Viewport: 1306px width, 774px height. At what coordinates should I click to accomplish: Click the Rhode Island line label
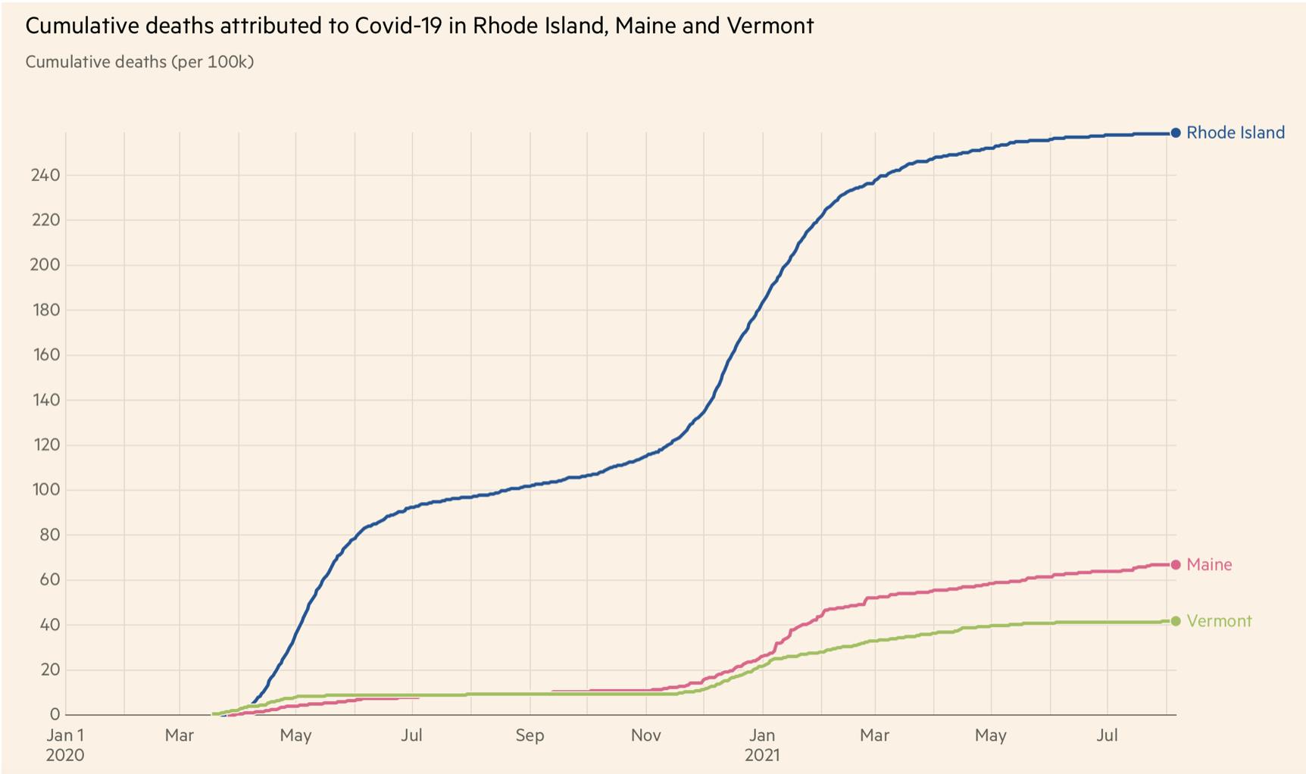click(x=1235, y=133)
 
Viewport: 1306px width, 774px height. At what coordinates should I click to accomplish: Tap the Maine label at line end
click(x=1209, y=564)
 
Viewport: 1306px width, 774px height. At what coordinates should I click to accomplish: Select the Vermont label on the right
click(x=1219, y=621)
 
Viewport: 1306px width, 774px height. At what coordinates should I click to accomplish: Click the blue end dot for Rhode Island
click(x=1176, y=133)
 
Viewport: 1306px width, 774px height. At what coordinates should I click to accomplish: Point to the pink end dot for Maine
click(x=1176, y=564)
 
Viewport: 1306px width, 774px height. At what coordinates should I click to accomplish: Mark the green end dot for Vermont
click(x=1176, y=621)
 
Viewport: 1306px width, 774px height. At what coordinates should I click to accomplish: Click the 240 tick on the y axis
click(x=45, y=175)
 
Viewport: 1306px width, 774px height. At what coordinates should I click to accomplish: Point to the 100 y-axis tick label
click(x=45, y=490)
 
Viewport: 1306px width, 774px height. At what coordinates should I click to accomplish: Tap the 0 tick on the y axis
click(x=55, y=714)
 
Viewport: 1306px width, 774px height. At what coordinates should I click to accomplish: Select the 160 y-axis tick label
click(x=45, y=354)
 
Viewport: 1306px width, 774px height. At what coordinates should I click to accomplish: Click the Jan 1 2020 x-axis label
click(x=65, y=744)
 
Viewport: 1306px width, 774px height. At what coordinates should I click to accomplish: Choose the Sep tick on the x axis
click(x=530, y=735)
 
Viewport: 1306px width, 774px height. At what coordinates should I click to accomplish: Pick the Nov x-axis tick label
click(x=645, y=735)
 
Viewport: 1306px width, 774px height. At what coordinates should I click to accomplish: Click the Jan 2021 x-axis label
click(x=762, y=744)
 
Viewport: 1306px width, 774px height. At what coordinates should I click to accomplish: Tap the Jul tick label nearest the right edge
click(x=1108, y=735)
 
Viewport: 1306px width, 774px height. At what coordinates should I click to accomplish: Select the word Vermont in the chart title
click(x=770, y=26)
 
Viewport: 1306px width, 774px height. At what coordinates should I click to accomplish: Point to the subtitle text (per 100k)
click(x=212, y=62)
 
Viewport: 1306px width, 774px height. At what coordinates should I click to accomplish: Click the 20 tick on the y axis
click(x=49, y=669)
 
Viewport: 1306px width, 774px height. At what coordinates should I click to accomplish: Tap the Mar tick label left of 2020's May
click(x=180, y=735)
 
